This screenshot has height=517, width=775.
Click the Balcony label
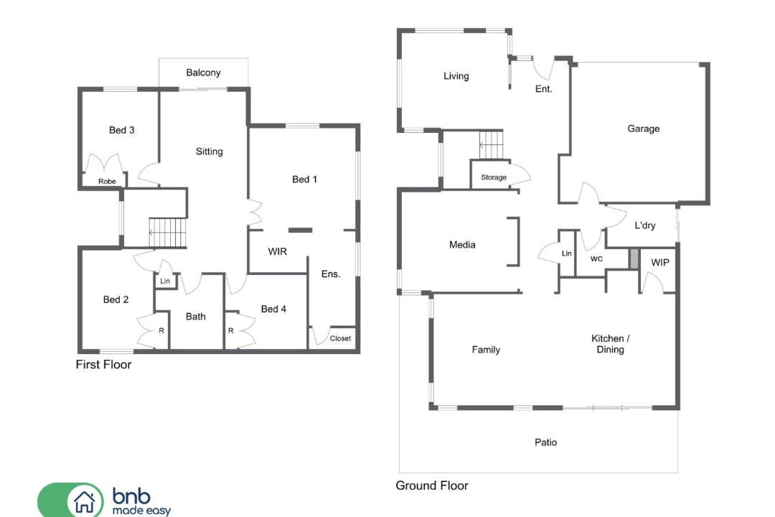point(203,73)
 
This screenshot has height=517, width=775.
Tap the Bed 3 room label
point(121,130)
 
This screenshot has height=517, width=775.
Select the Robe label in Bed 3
point(107,181)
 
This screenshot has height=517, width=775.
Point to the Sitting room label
point(209,152)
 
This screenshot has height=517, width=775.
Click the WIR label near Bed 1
point(277,251)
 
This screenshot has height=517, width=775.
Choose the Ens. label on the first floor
point(331,274)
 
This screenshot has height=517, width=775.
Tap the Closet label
point(340,338)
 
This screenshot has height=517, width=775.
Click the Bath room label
point(196,316)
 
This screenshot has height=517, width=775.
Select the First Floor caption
point(103,365)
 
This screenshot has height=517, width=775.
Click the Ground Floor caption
point(431,485)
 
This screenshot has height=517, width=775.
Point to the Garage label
point(643,129)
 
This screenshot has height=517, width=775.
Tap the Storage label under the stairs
point(493,177)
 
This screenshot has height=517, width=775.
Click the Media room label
point(462,244)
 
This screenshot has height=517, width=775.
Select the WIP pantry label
point(660,262)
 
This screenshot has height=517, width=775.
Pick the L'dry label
point(644,225)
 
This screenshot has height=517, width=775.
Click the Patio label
point(545,442)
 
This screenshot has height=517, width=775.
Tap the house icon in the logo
point(85,502)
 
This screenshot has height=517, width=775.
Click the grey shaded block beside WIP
point(634,259)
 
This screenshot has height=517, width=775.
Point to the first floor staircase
point(168,232)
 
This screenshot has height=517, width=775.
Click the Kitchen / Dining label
point(611,344)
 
